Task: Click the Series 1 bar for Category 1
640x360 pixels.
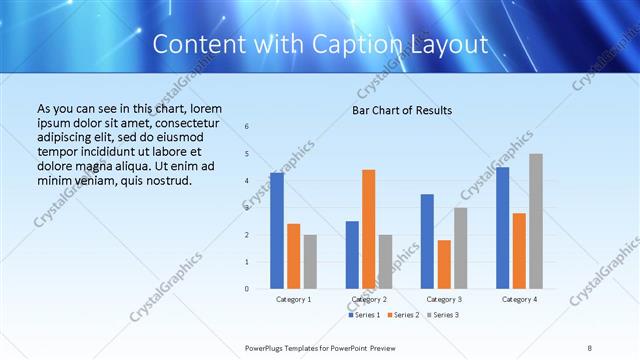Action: tap(277, 231)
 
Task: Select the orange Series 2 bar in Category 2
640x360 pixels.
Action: tap(368, 229)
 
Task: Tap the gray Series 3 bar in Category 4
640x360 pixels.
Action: tap(536, 221)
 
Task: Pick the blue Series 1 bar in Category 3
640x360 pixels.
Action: tap(427, 241)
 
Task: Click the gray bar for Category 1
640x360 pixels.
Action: tap(310, 262)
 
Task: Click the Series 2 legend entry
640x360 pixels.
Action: tap(402, 315)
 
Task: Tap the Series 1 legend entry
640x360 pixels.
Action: tap(362, 315)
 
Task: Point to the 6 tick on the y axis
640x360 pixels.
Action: tap(247, 126)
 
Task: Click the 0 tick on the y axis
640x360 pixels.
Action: tap(247, 289)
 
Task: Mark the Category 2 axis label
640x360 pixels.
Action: tap(369, 299)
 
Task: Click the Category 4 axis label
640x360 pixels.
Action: tap(519, 299)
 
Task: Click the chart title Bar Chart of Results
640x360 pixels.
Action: tap(402, 109)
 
